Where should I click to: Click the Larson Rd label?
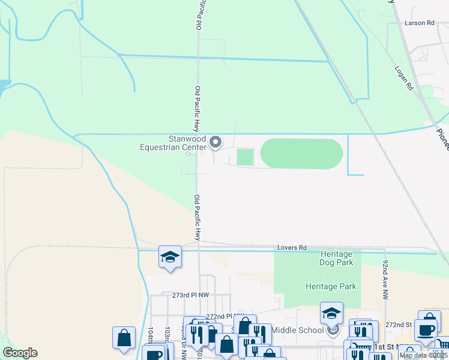coord(419,23)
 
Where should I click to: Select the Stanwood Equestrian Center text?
coord(173,143)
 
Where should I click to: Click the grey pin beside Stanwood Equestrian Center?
coord(216,142)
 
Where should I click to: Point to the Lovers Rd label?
coord(292,247)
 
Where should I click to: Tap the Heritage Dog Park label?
coord(336,258)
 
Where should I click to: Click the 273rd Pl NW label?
coord(190,295)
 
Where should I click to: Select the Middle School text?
coord(297,329)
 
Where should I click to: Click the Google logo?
coord(20,353)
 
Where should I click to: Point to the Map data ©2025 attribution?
coord(423,355)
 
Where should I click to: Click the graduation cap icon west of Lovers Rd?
coord(170,257)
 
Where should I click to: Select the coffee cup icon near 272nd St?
coord(427,329)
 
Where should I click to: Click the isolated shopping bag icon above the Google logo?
coord(124,338)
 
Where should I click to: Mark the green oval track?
coord(301,154)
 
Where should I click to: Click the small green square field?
coord(245,157)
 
